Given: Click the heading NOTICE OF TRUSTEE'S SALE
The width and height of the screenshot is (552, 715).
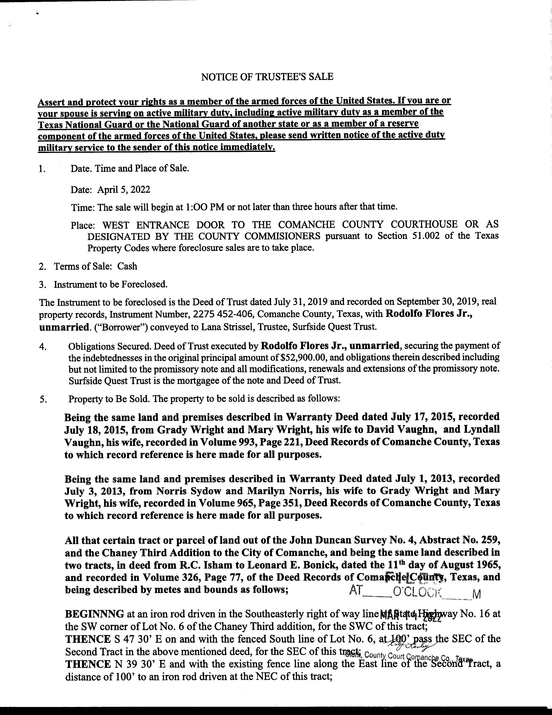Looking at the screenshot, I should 267,77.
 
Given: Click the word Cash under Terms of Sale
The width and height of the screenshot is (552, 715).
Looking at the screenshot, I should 127,266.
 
